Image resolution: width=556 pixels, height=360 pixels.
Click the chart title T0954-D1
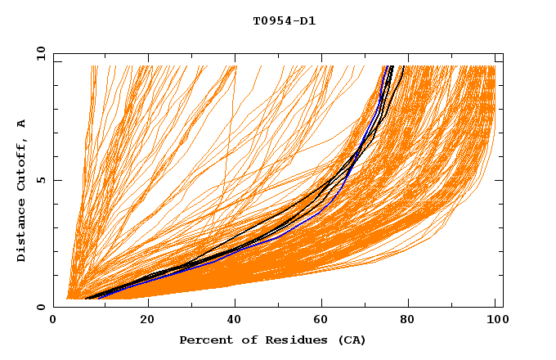pos(284,21)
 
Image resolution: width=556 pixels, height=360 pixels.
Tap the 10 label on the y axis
pos(40,53)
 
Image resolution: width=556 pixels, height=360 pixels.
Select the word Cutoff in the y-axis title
pos(22,168)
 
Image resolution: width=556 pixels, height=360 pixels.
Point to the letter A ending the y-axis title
pos(22,124)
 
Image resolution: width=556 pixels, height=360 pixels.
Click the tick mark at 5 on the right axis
pos(500,180)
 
